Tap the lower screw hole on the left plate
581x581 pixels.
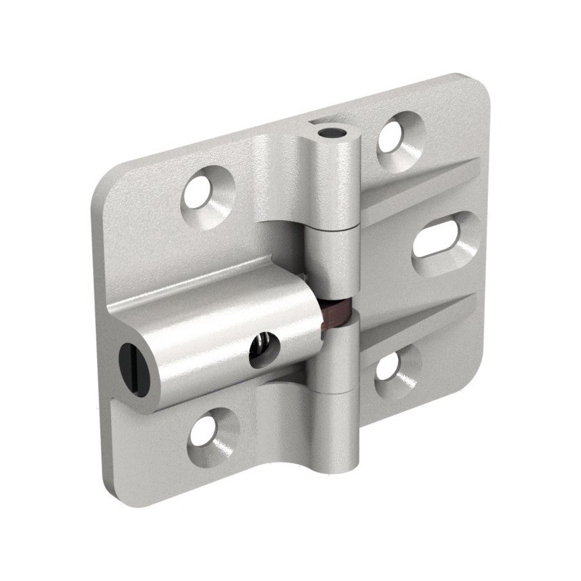click(x=212, y=428)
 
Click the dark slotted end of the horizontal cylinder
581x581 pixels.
click(x=131, y=357)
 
